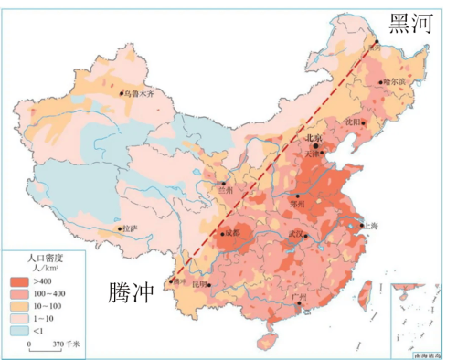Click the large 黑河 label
click(x=409, y=24)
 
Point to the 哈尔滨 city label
click(x=393, y=81)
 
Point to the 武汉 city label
click(x=295, y=234)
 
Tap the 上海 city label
click(x=370, y=225)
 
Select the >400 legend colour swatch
click(x=18, y=282)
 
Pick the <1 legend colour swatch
click(x=18, y=330)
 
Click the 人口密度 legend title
click(x=42, y=259)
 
